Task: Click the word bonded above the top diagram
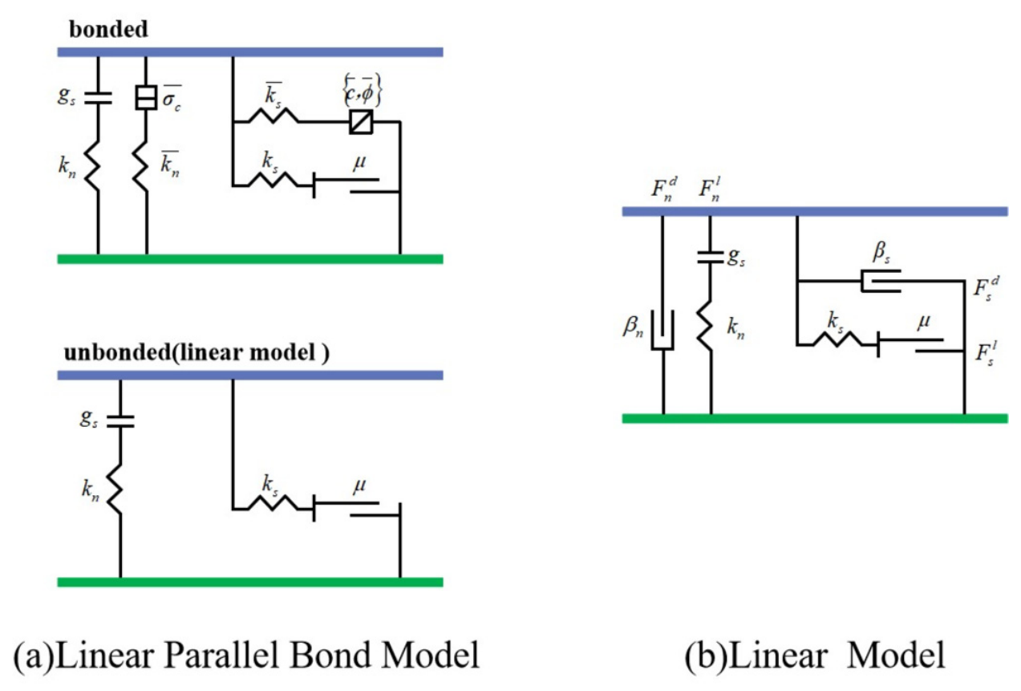pyautogui.click(x=108, y=30)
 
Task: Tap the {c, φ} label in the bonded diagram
pyautogui.click(x=362, y=89)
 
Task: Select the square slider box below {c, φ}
pyautogui.click(x=361, y=122)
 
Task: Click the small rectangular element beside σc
pyautogui.click(x=146, y=97)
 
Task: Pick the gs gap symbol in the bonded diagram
pyautogui.click(x=98, y=98)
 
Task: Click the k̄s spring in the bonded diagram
pyautogui.click(x=273, y=116)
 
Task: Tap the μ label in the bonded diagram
pyautogui.click(x=359, y=163)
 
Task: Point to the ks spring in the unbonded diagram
pyautogui.click(x=273, y=503)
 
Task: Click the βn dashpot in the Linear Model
pyautogui.click(x=662, y=330)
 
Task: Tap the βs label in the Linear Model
pyautogui.click(x=881, y=252)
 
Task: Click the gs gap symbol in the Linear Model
pyautogui.click(x=710, y=257)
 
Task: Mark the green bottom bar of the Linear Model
pyautogui.click(x=815, y=418)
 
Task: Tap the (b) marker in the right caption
pyautogui.click(x=705, y=656)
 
